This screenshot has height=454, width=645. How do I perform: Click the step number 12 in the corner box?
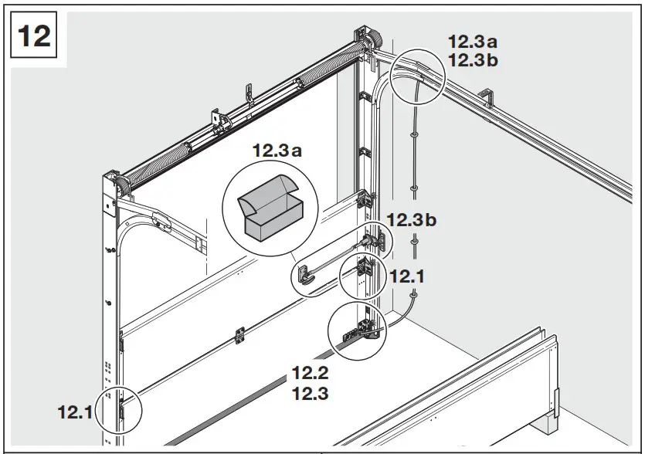click(x=34, y=35)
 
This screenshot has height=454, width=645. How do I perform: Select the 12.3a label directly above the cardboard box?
click(x=277, y=151)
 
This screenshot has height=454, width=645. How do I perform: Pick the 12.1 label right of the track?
click(x=407, y=275)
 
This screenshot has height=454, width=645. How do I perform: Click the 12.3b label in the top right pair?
click(x=474, y=61)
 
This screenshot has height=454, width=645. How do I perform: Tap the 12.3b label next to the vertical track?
click(x=412, y=220)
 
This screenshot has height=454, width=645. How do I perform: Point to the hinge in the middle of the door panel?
click(x=239, y=334)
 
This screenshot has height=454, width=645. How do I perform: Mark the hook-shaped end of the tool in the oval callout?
click(x=303, y=276)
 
